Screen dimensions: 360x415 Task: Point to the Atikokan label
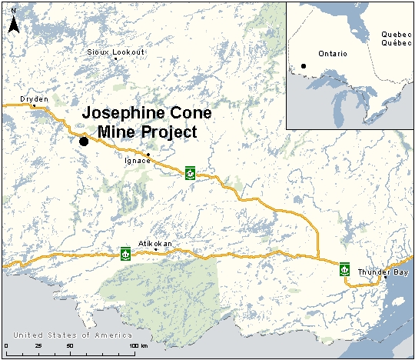154,244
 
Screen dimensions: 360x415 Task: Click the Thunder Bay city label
383,273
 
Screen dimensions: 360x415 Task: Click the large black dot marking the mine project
84,140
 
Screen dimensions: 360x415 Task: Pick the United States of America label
73,335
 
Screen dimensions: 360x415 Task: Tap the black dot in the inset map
304,65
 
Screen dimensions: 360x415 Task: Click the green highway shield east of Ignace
190,172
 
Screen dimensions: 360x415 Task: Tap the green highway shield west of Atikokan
125,252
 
